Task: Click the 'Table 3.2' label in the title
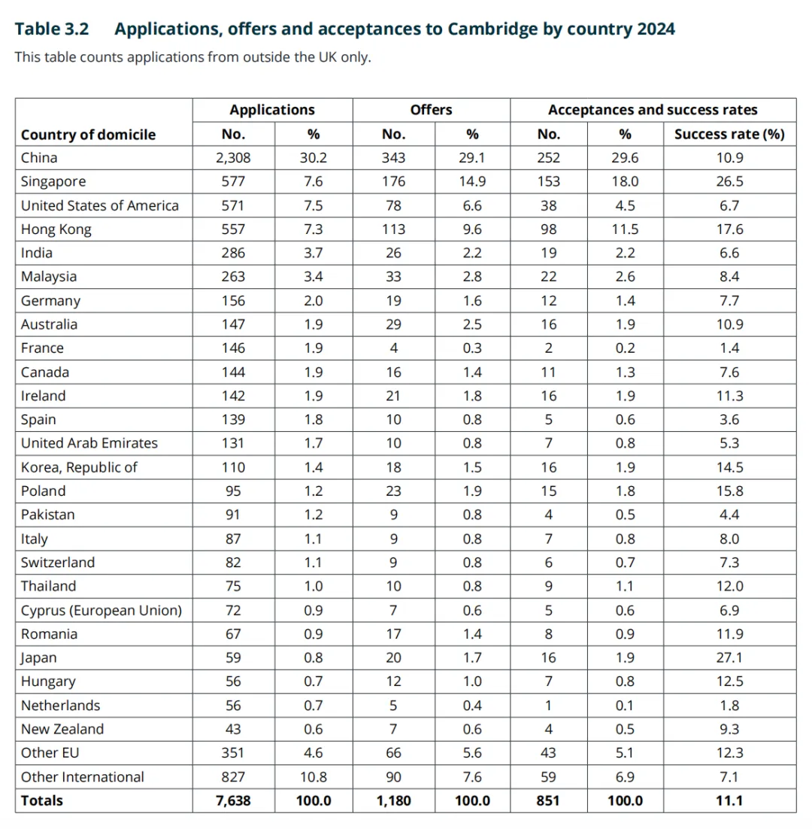tap(52, 29)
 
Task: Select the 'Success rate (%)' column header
tap(729, 135)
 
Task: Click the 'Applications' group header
tap(272, 110)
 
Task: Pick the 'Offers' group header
tap(431, 110)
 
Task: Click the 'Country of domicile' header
tap(89, 135)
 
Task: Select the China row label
tap(39, 158)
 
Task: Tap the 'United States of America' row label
tap(100, 205)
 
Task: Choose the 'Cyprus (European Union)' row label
tap(101, 610)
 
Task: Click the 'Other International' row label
tap(83, 777)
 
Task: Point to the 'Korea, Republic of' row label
tap(79, 467)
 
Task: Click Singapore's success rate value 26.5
tap(729, 182)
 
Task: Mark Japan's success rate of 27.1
tap(729, 658)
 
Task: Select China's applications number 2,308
tap(233, 158)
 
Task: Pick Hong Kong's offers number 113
tap(393, 229)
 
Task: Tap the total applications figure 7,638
tap(233, 801)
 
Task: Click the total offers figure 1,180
tap(393, 801)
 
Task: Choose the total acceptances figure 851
tap(549, 801)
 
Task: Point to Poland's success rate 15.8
tap(729, 491)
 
